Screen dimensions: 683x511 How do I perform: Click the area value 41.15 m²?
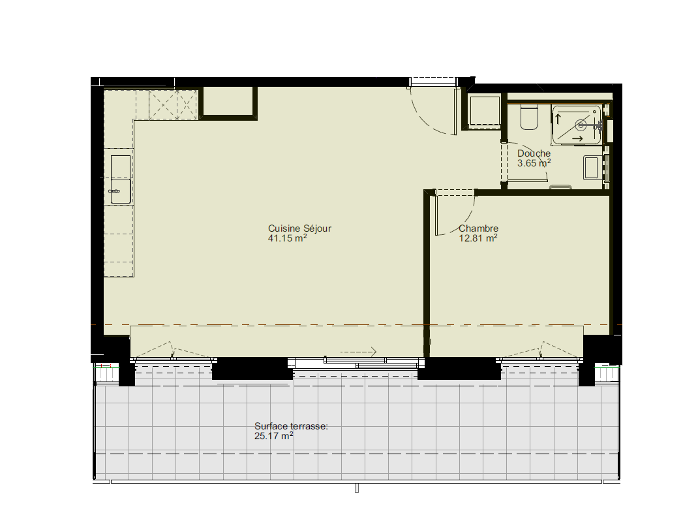(x=288, y=238)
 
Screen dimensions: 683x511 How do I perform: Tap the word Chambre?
(x=478, y=228)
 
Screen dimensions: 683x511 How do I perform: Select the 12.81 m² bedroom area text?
(x=478, y=238)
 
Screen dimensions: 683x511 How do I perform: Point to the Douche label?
(x=534, y=153)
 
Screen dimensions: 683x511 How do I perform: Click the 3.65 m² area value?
(x=534, y=163)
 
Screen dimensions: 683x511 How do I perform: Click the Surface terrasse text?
(x=291, y=426)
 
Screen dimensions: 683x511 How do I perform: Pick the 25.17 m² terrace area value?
(x=273, y=436)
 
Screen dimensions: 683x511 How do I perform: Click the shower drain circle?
(x=581, y=125)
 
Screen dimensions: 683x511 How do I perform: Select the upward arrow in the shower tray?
(x=558, y=118)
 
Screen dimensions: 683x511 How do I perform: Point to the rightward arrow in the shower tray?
(x=577, y=138)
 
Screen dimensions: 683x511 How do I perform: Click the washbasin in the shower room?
(x=591, y=168)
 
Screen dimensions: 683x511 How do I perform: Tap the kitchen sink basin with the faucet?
(x=121, y=191)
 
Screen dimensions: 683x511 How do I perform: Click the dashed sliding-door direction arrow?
(x=359, y=352)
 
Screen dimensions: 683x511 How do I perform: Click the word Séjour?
(x=317, y=228)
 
